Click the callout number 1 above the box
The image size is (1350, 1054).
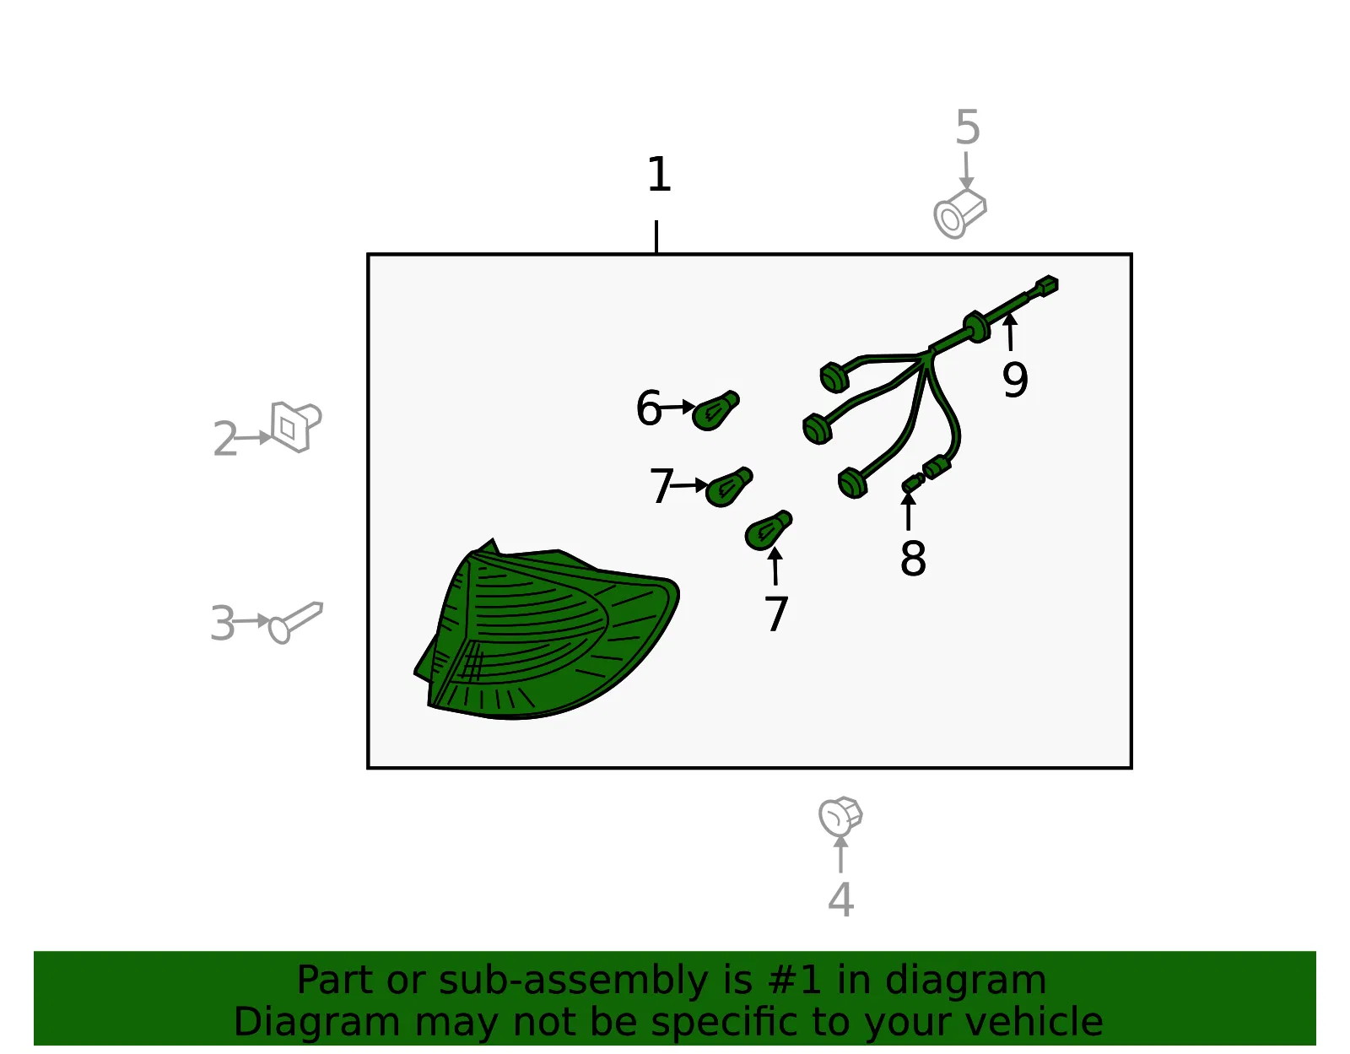(659, 175)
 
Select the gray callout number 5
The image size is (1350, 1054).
(967, 127)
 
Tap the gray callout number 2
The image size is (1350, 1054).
(225, 439)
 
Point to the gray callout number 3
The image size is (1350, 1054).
(223, 623)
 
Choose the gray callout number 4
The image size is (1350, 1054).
(840, 900)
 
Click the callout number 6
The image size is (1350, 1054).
(649, 408)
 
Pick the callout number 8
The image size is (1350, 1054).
(913, 558)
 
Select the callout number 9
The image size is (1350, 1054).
(1015, 380)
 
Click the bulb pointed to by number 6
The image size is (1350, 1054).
(715, 410)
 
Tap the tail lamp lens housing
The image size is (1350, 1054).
(547, 630)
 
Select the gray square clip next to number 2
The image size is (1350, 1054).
(296, 426)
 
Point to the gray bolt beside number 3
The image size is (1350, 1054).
(295, 622)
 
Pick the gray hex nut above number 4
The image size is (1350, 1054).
(840, 817)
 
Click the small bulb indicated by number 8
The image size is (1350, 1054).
(913, 482)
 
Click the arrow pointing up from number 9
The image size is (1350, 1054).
(1010, 332)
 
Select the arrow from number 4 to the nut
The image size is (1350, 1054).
(840, 855)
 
